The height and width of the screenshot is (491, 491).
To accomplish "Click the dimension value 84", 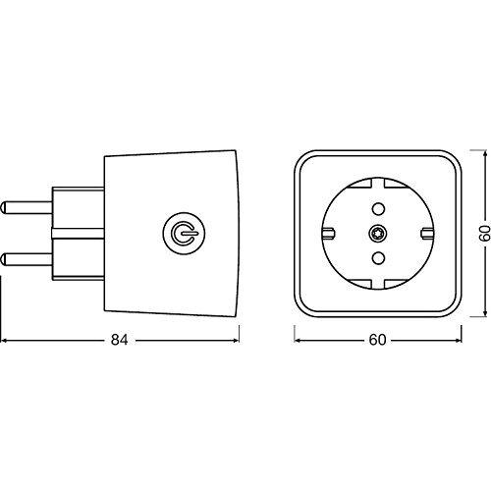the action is click(119, 340).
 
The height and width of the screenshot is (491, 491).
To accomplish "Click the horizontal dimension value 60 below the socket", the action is click(377, 340).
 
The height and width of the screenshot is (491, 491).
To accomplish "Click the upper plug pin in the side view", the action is click(27, 208).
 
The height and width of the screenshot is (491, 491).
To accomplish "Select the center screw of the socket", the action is click(378, 234).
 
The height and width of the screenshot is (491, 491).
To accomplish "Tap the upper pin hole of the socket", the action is click(378, 208).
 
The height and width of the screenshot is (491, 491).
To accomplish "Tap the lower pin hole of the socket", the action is click(378, 258).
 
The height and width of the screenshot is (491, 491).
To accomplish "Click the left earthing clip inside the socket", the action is click(329, 233).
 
